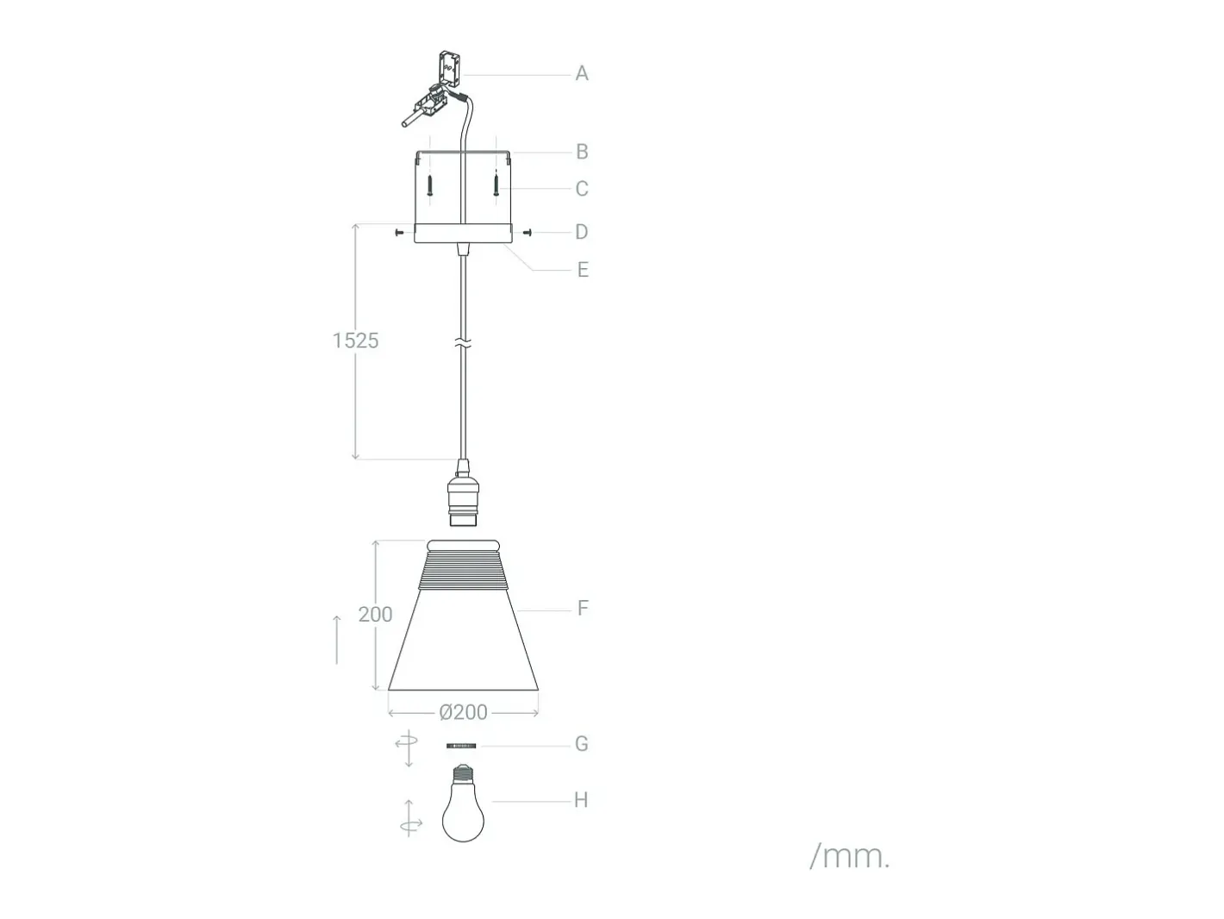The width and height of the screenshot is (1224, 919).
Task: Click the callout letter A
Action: [x=582, y=73]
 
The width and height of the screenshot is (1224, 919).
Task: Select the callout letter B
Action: [x=582, y=152]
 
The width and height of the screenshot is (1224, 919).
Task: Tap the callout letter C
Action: [x=582, y=189]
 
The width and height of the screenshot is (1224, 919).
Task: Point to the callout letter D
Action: [x=582, y=232]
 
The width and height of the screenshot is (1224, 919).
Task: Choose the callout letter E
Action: [x=583, y=270]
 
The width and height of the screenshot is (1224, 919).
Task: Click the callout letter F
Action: [x=583, y=608]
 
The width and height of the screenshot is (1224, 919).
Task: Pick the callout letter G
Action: [x=582, y=744]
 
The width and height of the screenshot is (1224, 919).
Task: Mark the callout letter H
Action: [x=581, y=800]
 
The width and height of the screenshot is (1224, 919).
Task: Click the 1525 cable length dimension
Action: [x=355, y=341]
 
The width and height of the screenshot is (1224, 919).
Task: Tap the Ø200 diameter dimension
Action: [x=464, y=713]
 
